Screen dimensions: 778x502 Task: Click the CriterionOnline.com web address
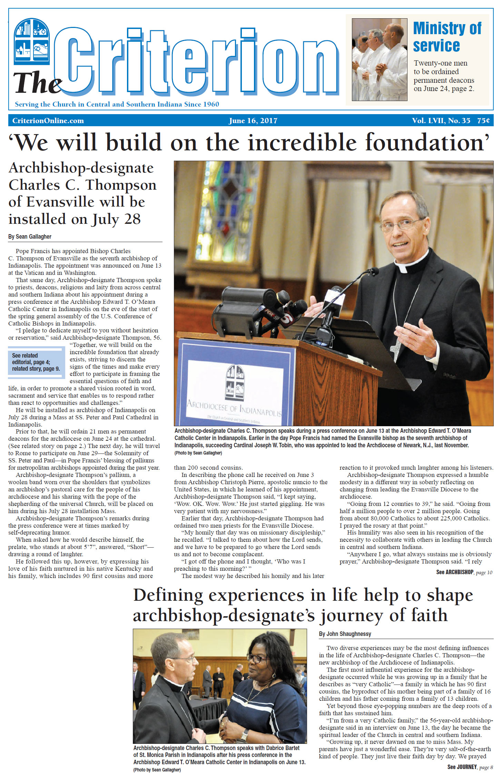(x=48, y=121)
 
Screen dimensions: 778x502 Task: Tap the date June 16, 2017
(x=253, y=121)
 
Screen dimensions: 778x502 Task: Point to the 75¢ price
(x=483, y=121)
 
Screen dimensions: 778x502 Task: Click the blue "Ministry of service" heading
(x=447, y=37)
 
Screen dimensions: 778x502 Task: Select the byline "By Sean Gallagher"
(x=30, y=237)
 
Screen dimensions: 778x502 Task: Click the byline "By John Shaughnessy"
(x=345, y=634)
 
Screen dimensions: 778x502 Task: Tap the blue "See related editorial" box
(x=36, y=362)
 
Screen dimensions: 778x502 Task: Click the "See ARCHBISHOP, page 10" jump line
(x=464, y=572)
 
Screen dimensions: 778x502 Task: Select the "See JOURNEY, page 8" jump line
(x=470, y=767)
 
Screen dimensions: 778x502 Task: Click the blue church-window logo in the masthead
(x=31, y=41)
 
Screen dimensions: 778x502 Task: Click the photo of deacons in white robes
(x=379, y=59)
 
